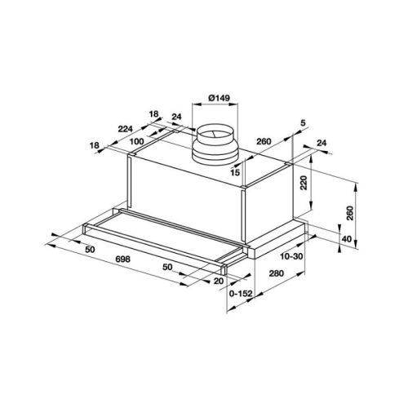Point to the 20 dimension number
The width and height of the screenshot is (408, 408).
218,280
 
